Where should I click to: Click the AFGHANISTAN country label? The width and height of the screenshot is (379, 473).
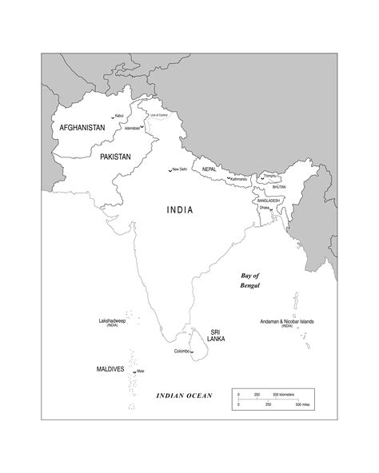[82, 127]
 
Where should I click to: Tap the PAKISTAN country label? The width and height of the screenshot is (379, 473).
[115, 157]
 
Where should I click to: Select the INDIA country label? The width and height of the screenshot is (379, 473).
[180, 211]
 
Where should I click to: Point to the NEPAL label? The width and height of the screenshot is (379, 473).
[209, 169]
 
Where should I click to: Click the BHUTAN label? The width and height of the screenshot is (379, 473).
[278, 187]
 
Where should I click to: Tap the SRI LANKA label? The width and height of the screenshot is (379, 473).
[215, 335]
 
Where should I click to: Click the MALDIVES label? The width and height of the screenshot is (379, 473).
[110, 370]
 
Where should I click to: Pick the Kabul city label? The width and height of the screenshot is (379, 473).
[119, 116]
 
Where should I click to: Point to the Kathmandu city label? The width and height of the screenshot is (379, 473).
[237, 179]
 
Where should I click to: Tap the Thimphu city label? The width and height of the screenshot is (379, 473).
[269, 175]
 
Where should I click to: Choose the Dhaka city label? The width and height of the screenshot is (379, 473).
[264, 208]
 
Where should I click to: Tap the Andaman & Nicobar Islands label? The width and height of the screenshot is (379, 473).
[287, 321]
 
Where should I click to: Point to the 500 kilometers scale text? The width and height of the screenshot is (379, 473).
[285, 395]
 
